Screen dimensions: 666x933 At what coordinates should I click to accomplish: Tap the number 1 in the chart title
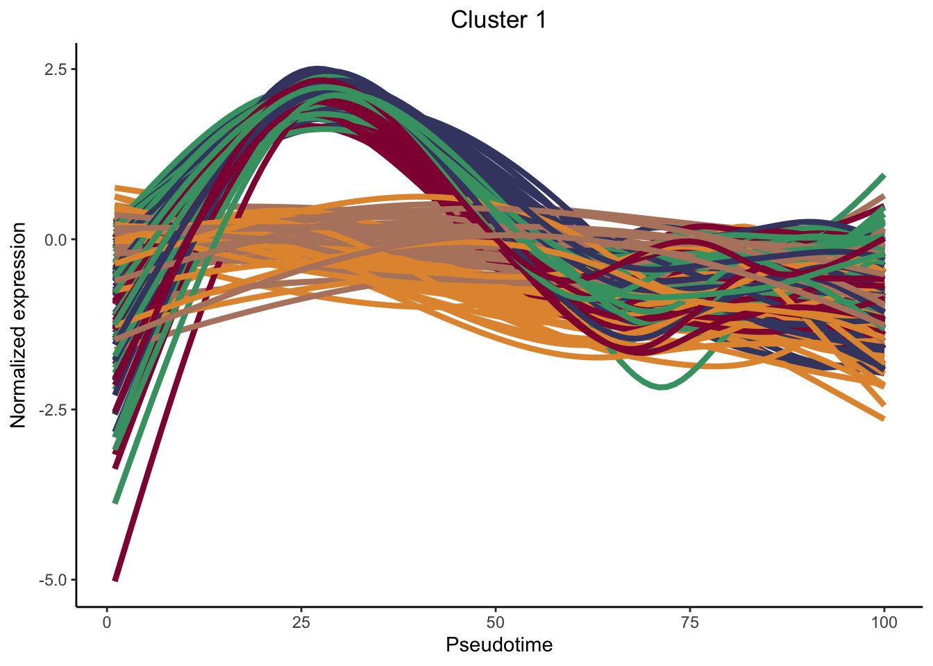540,20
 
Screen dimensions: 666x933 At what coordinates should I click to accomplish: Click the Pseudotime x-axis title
499,645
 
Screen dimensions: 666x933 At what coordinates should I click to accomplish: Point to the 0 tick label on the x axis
107,622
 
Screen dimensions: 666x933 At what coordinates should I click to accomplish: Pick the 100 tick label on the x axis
884,622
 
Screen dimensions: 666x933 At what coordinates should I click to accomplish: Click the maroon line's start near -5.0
116,579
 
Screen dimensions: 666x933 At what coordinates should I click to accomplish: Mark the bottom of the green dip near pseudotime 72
661,386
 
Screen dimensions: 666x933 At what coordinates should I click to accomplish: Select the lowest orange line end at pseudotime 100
882,418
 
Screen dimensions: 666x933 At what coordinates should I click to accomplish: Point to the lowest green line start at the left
116,501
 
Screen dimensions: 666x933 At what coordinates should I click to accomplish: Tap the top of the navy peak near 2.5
318,69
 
